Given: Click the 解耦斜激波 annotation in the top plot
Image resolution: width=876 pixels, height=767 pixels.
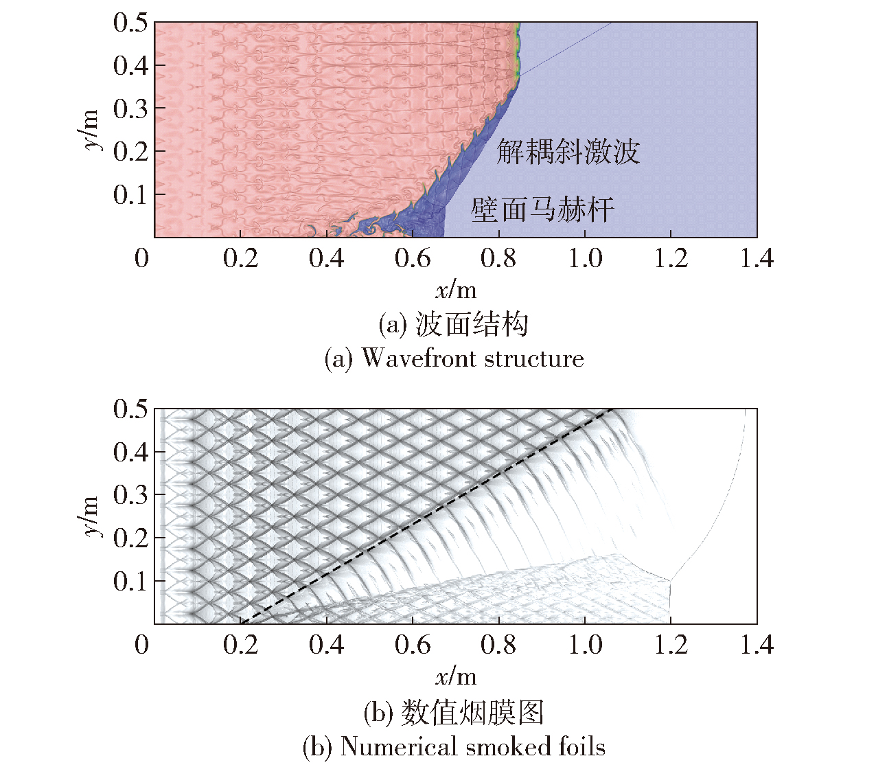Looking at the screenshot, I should (x=568, y=152).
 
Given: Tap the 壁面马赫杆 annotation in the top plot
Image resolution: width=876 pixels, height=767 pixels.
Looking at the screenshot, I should (x=542, y=209).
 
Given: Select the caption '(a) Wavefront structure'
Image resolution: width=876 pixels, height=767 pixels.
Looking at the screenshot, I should (x=454, y=358).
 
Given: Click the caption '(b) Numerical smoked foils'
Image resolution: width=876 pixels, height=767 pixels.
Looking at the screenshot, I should (x=454, y=746).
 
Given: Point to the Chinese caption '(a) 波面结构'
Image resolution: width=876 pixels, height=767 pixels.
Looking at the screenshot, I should (x=454, y=324).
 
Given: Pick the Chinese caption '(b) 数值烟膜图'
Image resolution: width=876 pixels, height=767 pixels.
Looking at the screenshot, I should (x=454, y=713).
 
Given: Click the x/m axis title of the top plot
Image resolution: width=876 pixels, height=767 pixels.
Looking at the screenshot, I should (x=456, y=290).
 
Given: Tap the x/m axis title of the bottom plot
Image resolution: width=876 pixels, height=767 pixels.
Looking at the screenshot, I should (x=456, y=677).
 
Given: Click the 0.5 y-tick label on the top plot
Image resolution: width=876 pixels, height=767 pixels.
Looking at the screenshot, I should (x=130, y=23).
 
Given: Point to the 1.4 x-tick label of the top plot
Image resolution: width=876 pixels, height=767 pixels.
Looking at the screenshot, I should (x=757, y=259).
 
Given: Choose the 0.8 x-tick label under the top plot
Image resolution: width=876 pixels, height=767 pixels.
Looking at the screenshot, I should (x=499, y=259).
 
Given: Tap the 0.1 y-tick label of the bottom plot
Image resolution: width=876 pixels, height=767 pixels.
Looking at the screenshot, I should (x=130, y=581).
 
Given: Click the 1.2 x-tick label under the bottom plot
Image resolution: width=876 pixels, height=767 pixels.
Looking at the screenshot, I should (x=671, y=645).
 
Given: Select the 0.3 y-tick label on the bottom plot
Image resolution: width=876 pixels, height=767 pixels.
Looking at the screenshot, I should (x=130, y=494).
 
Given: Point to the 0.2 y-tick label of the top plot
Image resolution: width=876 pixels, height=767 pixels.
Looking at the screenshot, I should (x=130, y=152).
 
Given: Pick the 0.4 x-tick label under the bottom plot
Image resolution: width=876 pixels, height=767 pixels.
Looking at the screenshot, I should (x=327, y=645).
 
